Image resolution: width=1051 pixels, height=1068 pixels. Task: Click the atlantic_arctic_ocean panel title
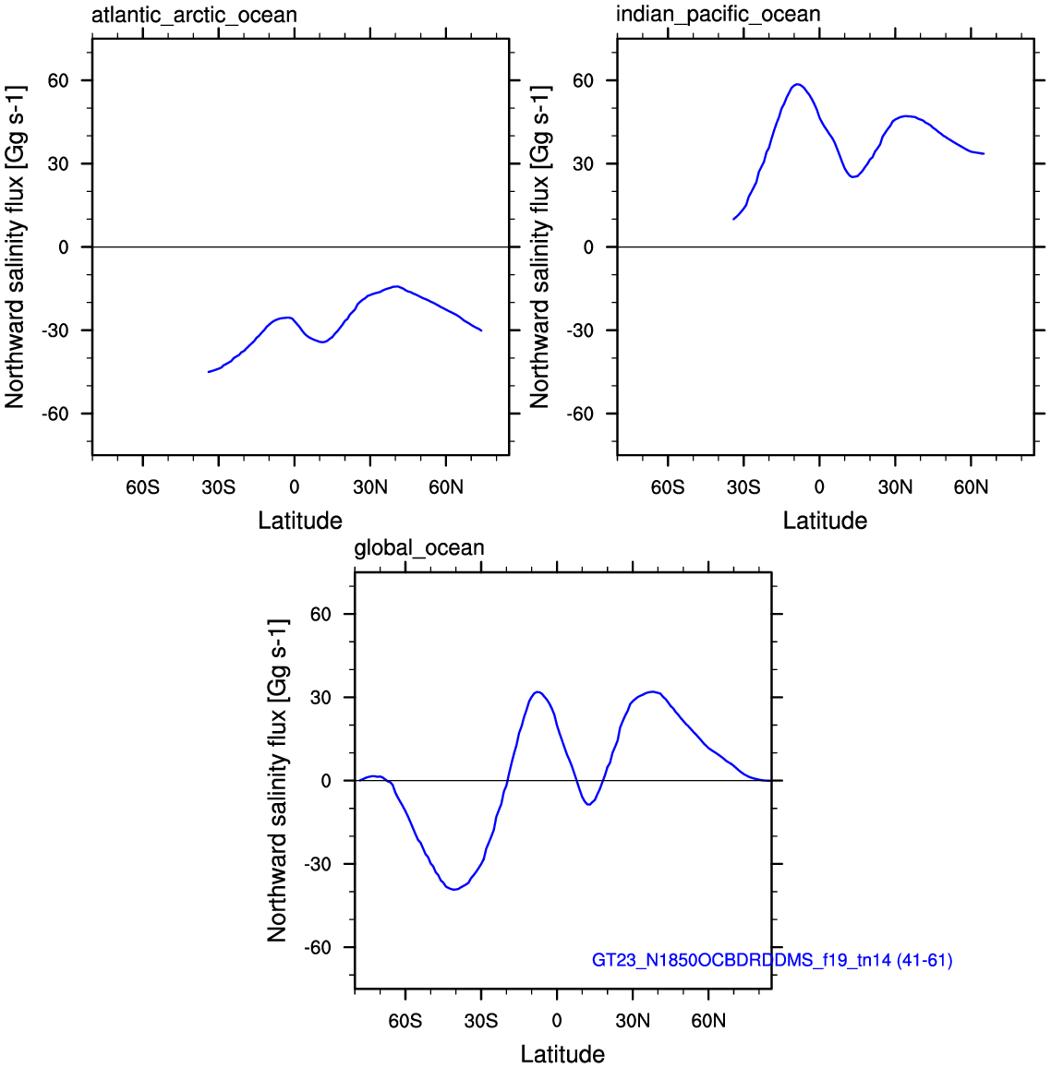[x=194, y=15]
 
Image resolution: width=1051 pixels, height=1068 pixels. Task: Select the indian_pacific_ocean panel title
[x=719, y=14]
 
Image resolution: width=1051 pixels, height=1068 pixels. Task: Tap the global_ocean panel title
[x=419, y=547]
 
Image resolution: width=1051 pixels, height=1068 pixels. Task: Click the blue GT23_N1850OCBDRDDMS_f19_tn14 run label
[x=771, y=960]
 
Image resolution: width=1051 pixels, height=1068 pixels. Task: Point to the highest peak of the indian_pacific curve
[x=797, y=84]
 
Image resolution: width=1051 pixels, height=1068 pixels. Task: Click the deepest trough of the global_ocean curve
[x=454, y=889]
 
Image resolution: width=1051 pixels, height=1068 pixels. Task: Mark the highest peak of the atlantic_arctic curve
[x=395, y=286]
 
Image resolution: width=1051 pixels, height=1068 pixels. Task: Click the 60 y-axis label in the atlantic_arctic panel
[x=58, y=80]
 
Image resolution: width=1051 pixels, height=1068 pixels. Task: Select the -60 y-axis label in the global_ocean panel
[x=318, y=947]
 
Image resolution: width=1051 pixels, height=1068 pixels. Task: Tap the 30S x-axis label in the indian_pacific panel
[x=743, y=487]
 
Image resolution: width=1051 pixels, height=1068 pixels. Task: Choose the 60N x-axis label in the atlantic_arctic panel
[x=446, y=487]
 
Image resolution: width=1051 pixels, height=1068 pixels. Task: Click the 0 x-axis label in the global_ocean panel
[x=557, y=1021]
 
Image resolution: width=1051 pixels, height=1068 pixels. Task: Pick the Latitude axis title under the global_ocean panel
[x=562, y=1054]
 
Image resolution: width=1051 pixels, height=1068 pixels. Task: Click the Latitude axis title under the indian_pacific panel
[x=825, y=521]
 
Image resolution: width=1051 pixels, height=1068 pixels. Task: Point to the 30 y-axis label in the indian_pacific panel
[x=583, y=163]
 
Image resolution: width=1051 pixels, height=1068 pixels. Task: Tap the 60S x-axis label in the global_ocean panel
[x=405, y=1021]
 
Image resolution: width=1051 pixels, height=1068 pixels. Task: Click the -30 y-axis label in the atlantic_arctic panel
[x=54, y=330]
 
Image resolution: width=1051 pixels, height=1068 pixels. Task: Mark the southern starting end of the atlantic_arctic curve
[x=209, y=372]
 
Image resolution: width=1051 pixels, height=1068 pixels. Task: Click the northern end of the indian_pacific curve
[x=984, y=154]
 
